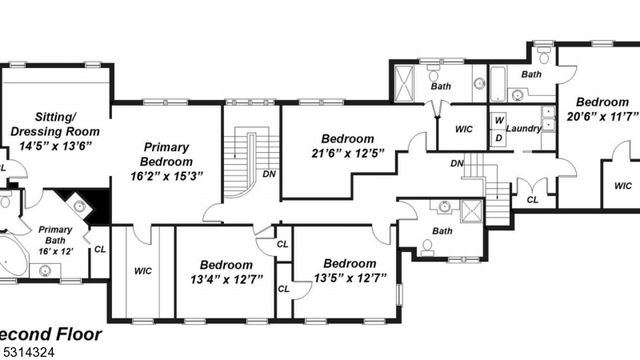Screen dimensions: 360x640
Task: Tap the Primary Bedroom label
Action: [x=166, y=154]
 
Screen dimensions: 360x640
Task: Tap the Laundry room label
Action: [x=524, y=129]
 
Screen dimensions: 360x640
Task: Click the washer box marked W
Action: [x=498, y=120]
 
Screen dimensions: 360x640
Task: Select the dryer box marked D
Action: [x=498, y=137]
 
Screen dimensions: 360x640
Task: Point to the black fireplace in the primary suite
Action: [x=76, y=204]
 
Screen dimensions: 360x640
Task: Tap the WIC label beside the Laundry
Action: [x=463, y=129]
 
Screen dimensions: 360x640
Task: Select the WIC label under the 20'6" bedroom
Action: [x=622, y=185]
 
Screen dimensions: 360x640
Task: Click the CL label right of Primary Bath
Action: [x=99, y=248]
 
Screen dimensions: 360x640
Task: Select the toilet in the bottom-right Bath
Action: [x=428, y=247]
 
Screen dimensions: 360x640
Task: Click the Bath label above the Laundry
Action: [x=531, y=74]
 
